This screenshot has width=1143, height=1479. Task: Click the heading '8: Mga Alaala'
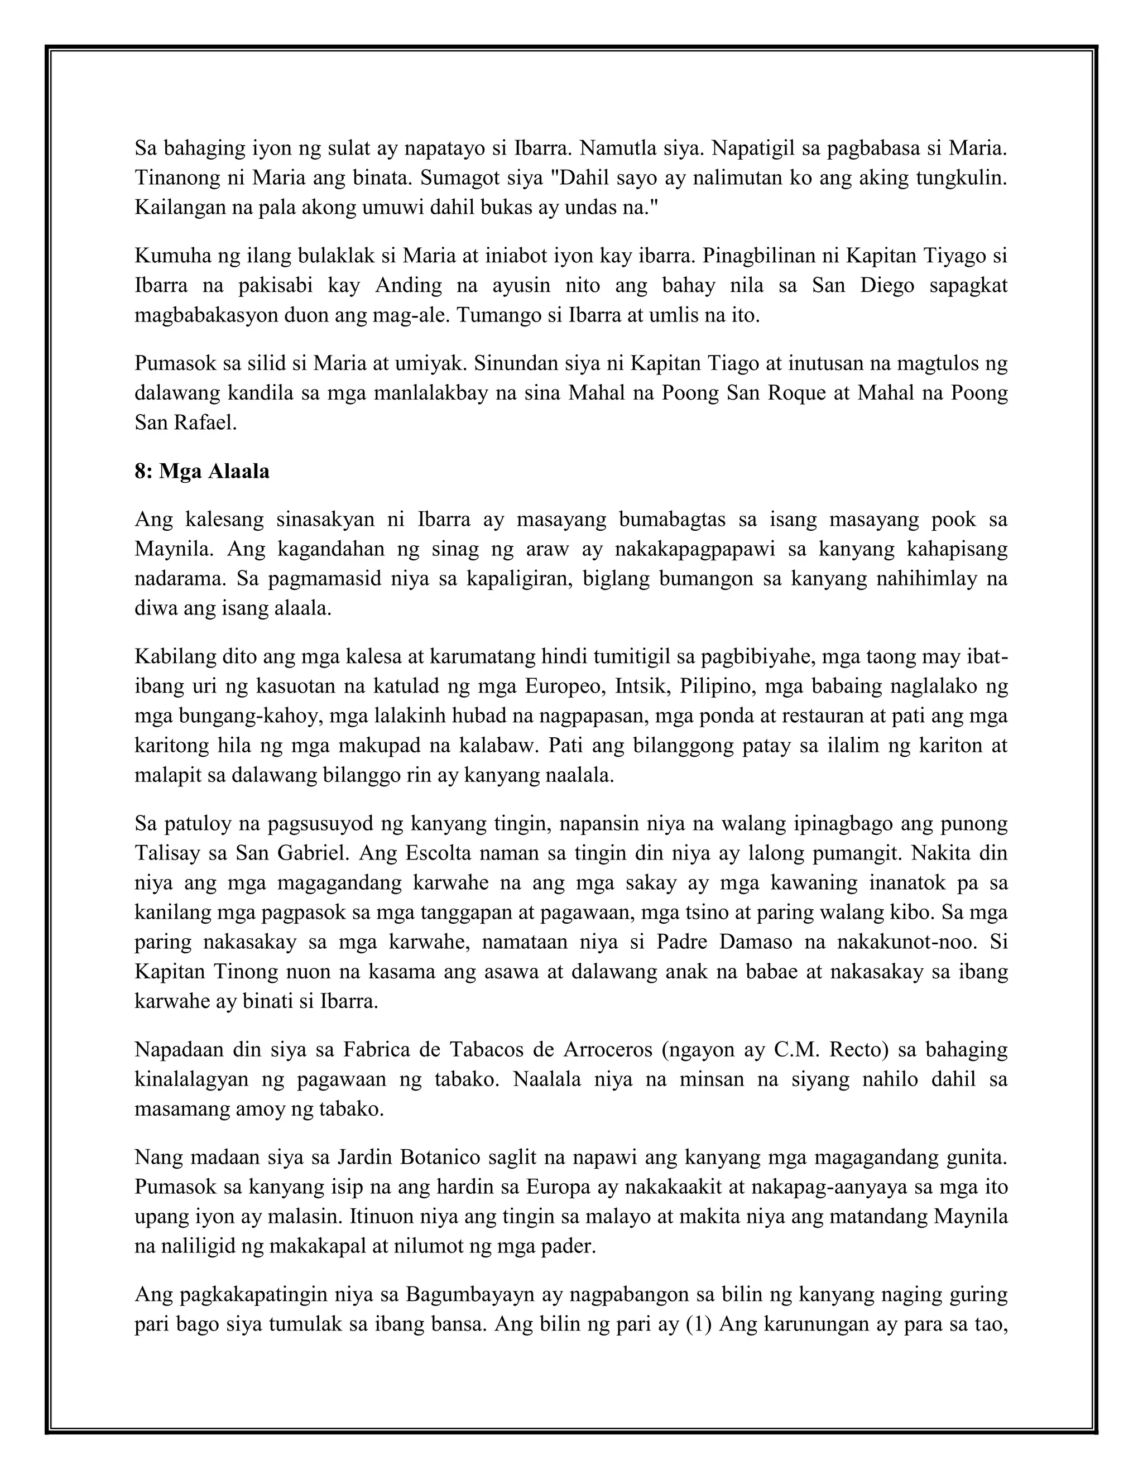click(x=202, y=472)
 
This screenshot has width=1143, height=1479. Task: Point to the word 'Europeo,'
click(x=565, y=686)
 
